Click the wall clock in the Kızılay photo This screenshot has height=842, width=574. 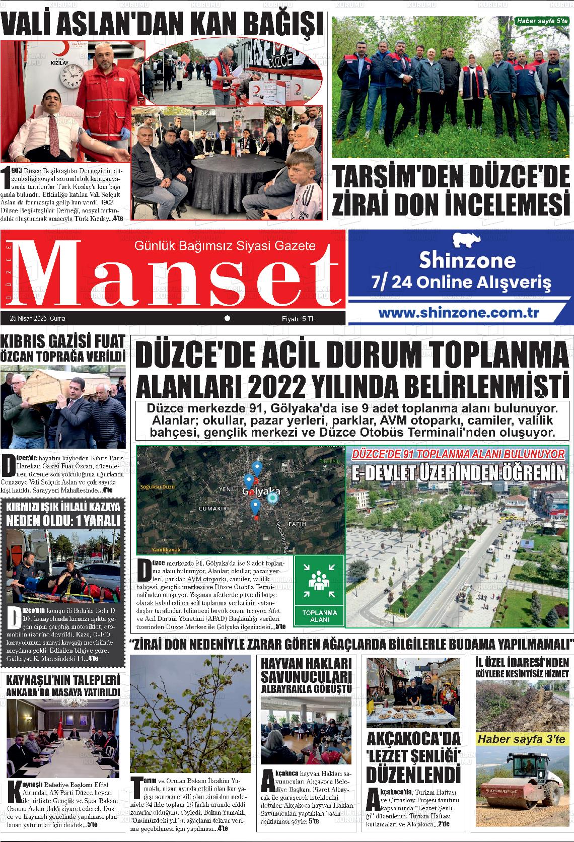pos(71,77)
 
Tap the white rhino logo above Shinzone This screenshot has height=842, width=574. pos(467,240)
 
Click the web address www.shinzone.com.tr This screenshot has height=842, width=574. pos(459,312)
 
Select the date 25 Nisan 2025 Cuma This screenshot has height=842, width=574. pos(37,319)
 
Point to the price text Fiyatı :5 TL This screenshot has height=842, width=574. pos(298,319)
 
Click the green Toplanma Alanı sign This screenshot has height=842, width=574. pos(319,591)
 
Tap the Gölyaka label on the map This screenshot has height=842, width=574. pos(261,491)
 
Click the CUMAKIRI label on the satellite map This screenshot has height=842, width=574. pos(214,509)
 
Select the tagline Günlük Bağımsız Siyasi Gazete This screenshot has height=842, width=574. pos(225,246)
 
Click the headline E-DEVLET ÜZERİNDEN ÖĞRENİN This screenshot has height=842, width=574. pos(458,473)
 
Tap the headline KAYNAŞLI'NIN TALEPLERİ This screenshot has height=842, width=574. pos(62,680)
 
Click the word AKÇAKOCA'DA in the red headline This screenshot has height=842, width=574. pos(414,739)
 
